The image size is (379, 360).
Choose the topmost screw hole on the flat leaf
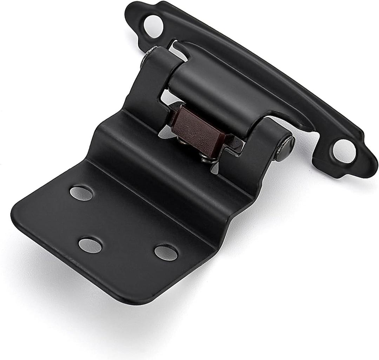pos(81,193)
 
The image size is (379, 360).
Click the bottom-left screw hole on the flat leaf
pos(90,245)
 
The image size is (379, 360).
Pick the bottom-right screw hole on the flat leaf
pos(166,253)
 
